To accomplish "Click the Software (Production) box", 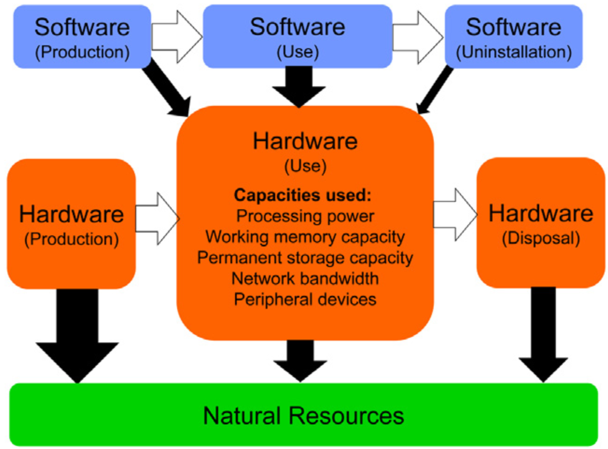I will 82,37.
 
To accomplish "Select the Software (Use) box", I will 298,37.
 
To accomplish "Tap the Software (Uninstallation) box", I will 513,37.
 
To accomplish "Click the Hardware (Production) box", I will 71,224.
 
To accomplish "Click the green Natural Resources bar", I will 304,415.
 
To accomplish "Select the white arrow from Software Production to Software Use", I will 177,37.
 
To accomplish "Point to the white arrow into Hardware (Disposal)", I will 455,214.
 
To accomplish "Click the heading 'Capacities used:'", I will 302,195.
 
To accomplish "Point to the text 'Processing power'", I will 305,216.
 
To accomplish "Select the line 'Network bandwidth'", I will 305,279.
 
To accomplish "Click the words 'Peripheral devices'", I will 305,300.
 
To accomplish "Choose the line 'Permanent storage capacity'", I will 305,258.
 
